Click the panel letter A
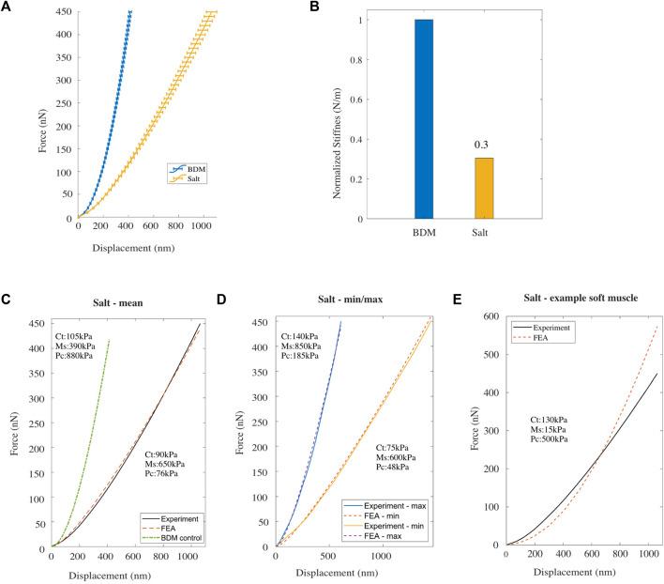[x=8, y=8]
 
